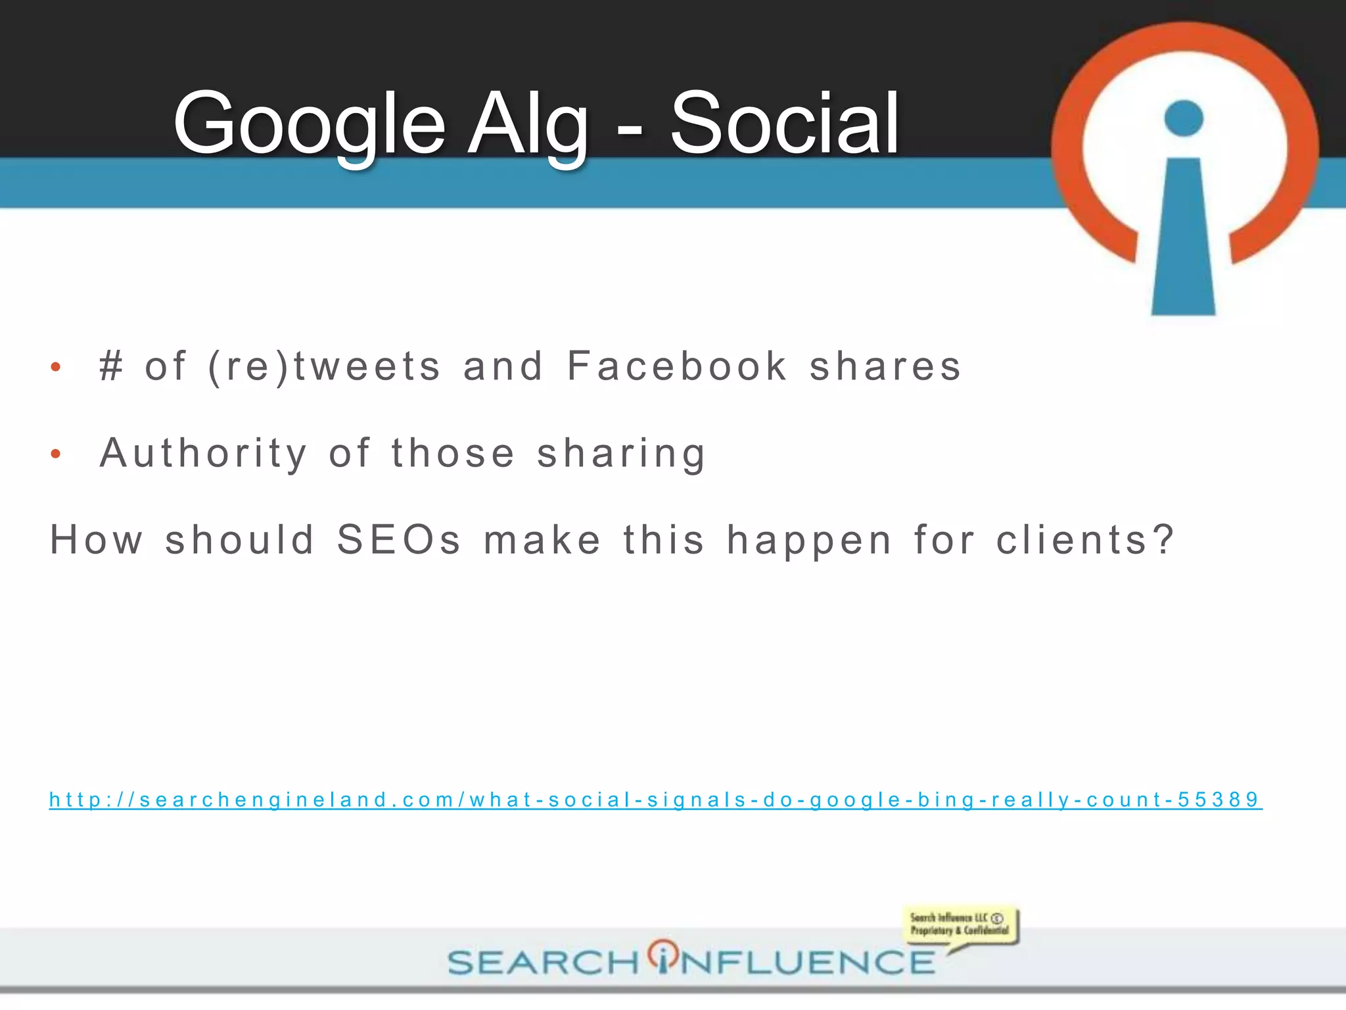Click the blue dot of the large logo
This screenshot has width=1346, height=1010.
1183,118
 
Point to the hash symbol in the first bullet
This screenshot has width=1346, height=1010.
111,366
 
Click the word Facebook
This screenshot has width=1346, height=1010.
677,366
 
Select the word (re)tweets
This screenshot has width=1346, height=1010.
324,366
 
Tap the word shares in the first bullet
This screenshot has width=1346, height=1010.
885,366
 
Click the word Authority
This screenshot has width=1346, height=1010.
203,453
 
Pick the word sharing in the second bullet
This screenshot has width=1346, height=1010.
621,453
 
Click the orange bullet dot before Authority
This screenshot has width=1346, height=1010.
56,454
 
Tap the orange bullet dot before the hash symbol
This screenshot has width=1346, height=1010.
56,367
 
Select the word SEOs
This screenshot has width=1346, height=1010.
399,540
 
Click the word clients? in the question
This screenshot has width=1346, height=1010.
1084,540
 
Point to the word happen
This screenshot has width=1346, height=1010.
809,541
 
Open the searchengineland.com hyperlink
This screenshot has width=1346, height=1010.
655,800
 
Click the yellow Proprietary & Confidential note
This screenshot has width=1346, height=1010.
960,925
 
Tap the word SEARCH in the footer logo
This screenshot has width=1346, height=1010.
543,963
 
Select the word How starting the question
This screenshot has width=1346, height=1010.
97,540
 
